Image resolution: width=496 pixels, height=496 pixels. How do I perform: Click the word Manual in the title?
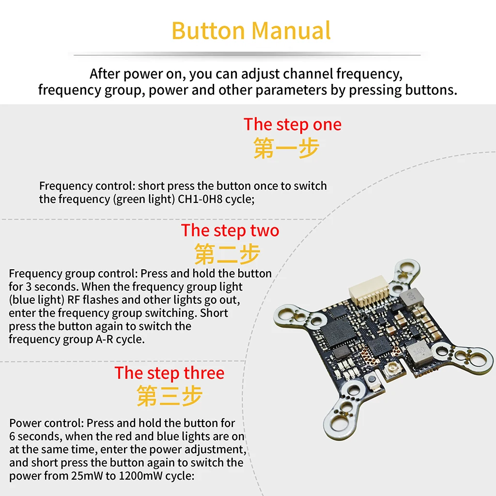(x=291, y=31)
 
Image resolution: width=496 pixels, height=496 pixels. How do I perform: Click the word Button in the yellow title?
(x=208, y=31)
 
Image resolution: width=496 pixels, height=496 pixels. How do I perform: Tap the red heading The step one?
(x=293, y=124)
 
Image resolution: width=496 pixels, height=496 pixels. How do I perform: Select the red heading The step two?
(x=230, y=231)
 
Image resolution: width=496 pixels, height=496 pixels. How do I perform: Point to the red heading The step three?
(x=169, y=373)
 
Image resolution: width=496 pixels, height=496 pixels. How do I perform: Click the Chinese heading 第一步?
(x=286, y=148)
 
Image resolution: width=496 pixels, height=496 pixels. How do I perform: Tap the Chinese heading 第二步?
(x=227, y=254)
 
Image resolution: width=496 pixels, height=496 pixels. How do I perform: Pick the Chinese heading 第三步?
(x=169, y=396)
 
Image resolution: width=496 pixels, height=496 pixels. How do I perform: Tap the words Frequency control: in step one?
(x=87, y=186)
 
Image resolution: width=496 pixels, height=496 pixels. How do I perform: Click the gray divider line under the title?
(x=248, y=55)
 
